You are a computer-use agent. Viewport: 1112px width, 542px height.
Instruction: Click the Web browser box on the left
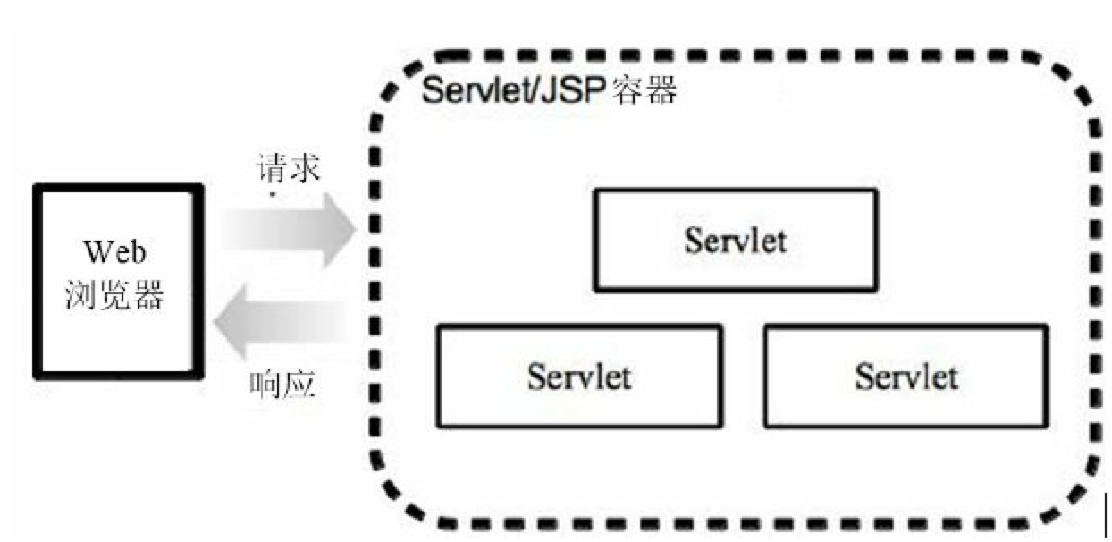[x=118, y=280]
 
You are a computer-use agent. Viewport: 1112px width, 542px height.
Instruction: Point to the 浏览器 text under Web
[x=114, y=296]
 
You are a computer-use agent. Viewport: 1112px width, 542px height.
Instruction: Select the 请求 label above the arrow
[x=288, y=168]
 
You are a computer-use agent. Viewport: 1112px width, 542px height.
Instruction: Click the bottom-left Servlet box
[x=578, y=376]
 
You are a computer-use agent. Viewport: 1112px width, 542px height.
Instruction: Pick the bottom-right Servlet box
[x=906, y=376]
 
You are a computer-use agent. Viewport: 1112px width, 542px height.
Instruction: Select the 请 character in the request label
[x=272, y=168]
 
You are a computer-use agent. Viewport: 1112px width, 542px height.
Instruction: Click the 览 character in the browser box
[x=114, y=296]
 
